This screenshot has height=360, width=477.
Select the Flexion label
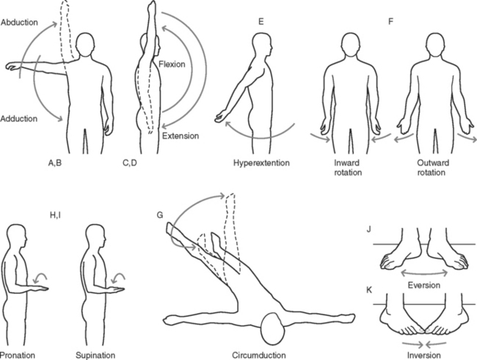[x=171, y=65]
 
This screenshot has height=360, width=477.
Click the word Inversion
[x=420, y=355]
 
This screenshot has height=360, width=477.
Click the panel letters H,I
[x=57, y=214]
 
